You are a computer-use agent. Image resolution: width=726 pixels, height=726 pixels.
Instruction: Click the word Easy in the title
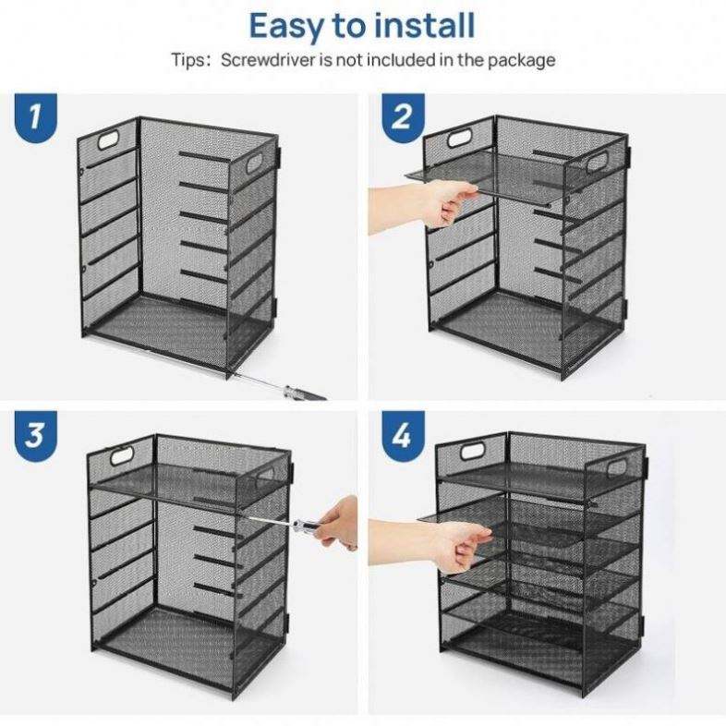(287, 27)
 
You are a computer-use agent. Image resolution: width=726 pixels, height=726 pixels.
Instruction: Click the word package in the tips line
(521, 61)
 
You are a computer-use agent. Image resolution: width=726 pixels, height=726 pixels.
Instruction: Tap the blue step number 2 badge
(403, 117)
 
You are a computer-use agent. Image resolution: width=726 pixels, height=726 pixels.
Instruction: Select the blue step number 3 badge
(36, 435)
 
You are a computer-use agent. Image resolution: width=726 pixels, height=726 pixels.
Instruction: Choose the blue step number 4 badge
(403, 435)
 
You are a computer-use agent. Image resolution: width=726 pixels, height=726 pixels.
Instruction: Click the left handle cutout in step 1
(109, 139)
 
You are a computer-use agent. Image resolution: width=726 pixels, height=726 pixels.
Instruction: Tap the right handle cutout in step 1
(254, 163)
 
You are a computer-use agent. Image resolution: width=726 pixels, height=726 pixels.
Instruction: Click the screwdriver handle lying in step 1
(304, 393)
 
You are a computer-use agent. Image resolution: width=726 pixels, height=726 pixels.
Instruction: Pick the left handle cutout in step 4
(472, 452)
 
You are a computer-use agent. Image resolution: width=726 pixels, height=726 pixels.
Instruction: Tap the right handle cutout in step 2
(598, 162)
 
